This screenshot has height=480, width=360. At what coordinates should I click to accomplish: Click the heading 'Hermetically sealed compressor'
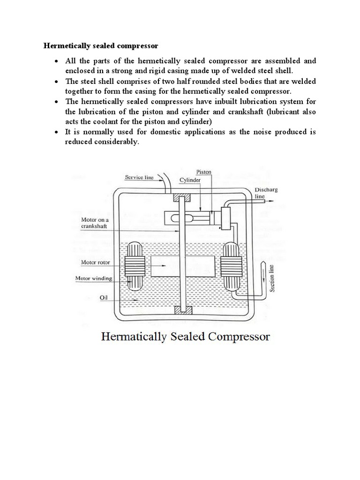(x=101, y=46)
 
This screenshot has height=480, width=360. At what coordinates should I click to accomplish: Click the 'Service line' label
(x=139, y=177)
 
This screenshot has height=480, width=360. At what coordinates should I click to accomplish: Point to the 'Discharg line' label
(x=263, y=194)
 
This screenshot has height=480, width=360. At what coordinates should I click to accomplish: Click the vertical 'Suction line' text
(x=272, y=278)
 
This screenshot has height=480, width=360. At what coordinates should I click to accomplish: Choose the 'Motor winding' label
(x=94, y=278)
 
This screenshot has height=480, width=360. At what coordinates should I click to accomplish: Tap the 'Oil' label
(x=104, y=296)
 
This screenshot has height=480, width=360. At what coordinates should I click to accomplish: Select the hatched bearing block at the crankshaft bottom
(x=180, y=310)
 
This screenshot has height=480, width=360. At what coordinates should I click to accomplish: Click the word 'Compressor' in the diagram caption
(x=237, y=337)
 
